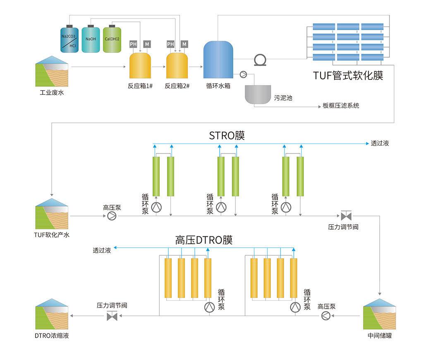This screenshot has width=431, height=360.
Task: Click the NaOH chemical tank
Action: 91,39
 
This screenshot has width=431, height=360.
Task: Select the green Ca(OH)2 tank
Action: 112,39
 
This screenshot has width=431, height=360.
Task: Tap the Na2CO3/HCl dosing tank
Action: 69,39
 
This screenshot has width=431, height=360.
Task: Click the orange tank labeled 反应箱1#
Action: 140,66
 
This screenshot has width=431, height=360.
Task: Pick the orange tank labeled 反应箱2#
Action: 177,66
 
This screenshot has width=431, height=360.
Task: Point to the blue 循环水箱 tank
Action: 218,60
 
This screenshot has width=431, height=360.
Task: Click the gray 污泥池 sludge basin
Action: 258,94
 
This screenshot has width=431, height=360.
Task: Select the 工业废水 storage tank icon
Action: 52,74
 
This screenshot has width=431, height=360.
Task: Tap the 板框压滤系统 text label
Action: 341,106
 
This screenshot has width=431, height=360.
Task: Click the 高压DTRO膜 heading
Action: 204,240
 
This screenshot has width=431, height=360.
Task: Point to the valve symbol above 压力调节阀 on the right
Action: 345,216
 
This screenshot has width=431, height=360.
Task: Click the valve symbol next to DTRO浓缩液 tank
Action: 112,317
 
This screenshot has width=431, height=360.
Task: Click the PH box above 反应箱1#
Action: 133,44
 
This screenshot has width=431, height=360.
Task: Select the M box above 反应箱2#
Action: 184,44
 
